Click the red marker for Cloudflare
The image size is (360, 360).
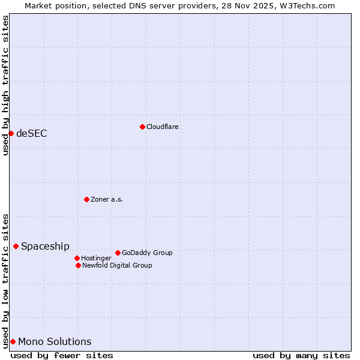click(142, 127)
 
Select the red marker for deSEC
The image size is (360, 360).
click(11, 133)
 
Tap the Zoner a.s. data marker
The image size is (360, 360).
click(86, 199)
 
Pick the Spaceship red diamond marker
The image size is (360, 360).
click(16, 246)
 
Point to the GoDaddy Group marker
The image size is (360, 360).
click(118, 253)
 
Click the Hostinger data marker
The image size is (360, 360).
click(77, 258)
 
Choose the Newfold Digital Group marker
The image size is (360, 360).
click(78, 265)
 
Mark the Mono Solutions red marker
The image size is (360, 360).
click(13, 341)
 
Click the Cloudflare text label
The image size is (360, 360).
click(163, 127)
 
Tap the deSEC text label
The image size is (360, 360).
click(32, 133)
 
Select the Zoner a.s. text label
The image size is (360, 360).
click(107, 199)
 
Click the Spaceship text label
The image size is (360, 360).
click(45, 246)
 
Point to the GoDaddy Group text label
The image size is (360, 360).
click(147, 253)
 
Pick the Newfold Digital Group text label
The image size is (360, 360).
click(117, 265)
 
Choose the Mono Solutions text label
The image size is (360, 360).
click(55, 341)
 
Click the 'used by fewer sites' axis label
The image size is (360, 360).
click(62, 355)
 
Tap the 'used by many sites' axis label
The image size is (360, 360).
click(301, 355)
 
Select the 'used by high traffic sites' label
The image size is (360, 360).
click(5, 85)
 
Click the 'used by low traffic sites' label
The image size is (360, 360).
click(5, 281)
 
